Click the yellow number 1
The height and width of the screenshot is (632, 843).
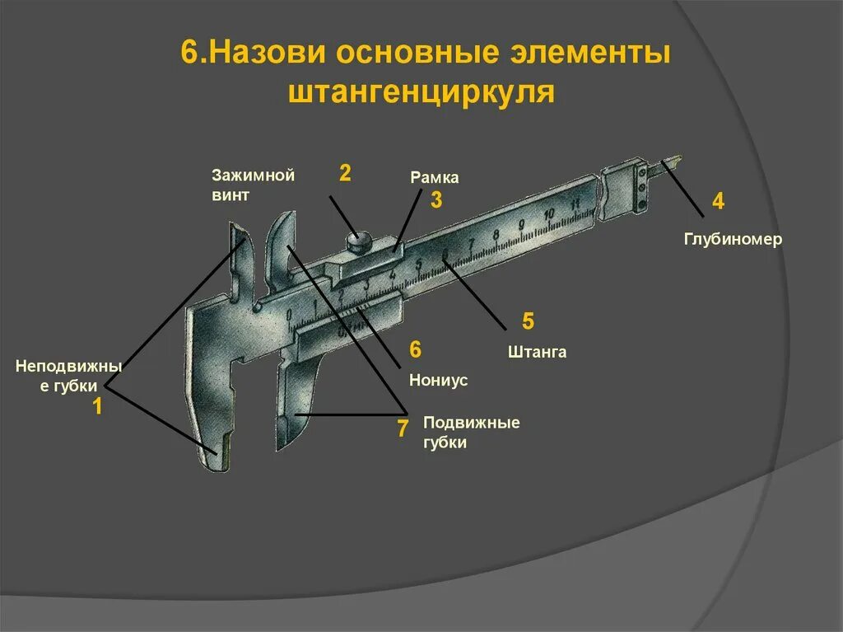click(x=96, y=405)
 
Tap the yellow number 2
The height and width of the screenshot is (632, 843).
click(x=346, y=172)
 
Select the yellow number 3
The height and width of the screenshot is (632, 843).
click(x=436, y=199)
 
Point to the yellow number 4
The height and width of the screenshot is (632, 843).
click(x=718, y=202)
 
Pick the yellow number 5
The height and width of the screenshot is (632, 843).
click(x=529, y=321)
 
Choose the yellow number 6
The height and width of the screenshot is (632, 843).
click(x=415, y=349)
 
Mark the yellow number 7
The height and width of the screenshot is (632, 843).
click(x=403, y=428)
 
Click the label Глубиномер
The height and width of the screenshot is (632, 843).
click(x=733, y=239)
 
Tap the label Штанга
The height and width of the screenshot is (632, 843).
click(x=537, y=352)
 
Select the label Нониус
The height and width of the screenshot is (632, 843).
click(x=438, y=380)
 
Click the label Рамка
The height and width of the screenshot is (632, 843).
click(x=434, y=178)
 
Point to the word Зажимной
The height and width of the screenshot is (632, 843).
click(x=253, y=175)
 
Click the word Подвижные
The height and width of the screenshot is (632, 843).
click(x=471, y=423)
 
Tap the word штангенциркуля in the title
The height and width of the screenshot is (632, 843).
click(x=421, y=92)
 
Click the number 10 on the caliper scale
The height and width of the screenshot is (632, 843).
click(x=549, y=214)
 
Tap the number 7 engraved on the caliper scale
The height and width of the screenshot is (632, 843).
click(x=471, y=244)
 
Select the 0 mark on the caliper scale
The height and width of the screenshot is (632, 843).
click(x=289, y=315)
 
